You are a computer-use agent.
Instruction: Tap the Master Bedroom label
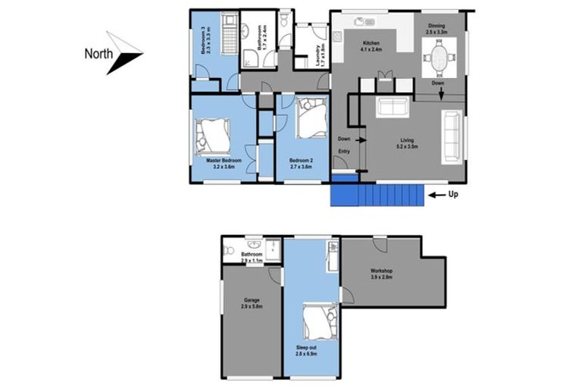pyautogui.click(x=224, y=163)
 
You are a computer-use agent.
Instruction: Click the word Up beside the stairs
pyautogui.click(x=454, y=195)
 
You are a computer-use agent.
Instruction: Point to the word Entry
pyautogui.click(x=344, y=151)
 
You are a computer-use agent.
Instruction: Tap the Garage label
pyautogui.click(x=252, y=302)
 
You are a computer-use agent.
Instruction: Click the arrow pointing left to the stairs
pyautogui.click(x=436, y=195)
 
